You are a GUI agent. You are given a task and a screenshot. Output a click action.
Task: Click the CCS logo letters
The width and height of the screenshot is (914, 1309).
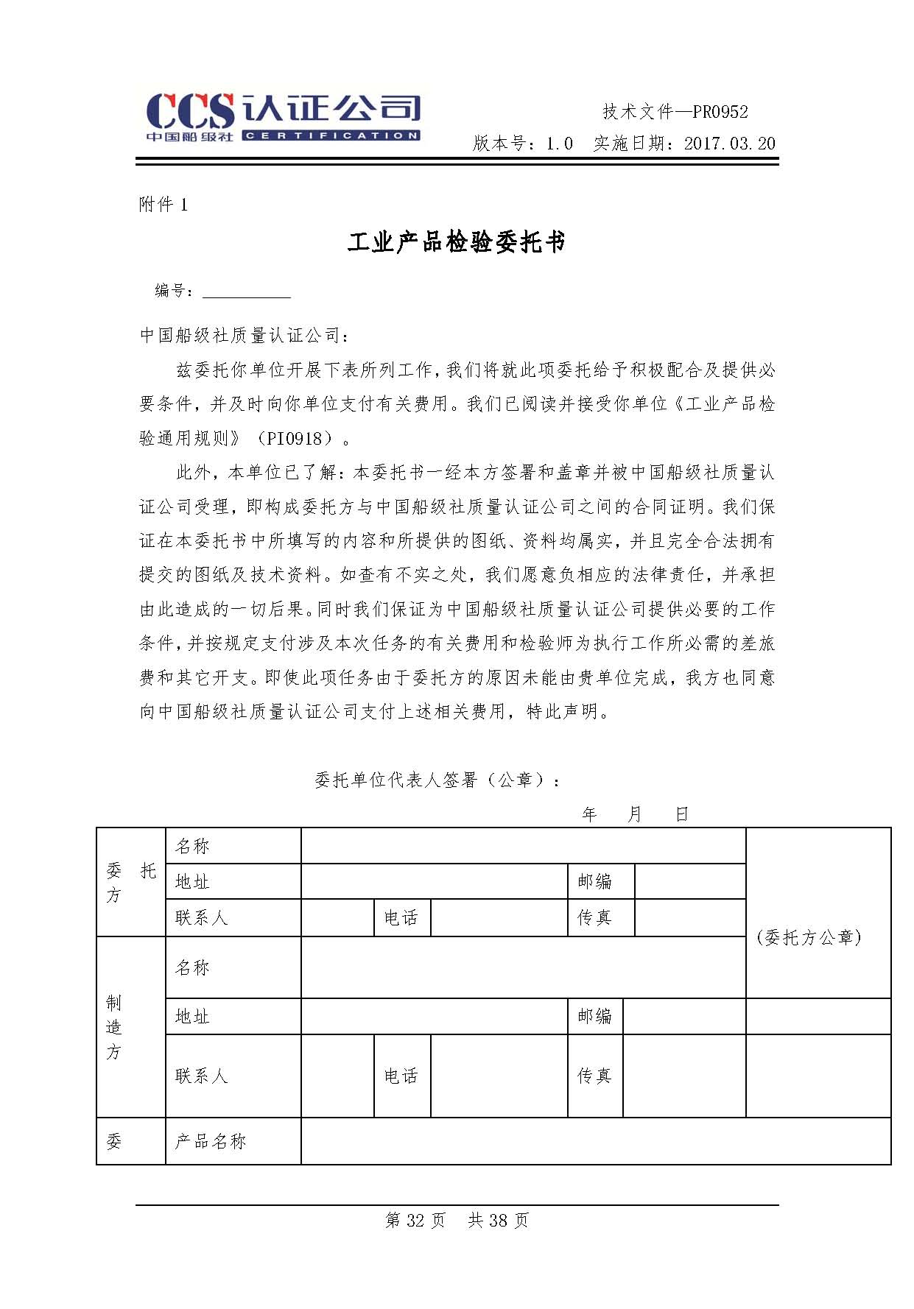190,111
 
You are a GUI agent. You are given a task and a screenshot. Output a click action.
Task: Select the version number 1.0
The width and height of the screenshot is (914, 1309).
559,144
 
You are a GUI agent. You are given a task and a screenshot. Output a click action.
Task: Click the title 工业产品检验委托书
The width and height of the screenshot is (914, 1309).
457,242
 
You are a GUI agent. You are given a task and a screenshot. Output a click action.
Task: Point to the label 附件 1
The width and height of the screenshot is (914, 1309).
164,205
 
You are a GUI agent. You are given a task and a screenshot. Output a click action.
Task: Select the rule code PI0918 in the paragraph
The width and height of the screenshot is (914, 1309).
295,439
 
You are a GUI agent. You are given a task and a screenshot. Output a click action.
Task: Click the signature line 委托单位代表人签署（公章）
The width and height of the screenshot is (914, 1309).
437,780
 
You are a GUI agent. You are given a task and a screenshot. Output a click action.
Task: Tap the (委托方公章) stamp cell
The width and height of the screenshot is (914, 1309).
809,937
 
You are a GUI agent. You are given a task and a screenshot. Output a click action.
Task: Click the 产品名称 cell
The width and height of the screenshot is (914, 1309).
210,1141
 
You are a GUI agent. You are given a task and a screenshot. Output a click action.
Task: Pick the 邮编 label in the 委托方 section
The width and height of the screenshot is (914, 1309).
595,881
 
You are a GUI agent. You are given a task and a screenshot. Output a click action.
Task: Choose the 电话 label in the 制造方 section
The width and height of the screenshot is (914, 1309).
401,1076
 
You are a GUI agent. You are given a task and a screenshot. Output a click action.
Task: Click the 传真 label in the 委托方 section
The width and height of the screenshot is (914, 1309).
595,917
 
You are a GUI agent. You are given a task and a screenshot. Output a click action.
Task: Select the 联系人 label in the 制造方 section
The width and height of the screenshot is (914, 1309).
202,1076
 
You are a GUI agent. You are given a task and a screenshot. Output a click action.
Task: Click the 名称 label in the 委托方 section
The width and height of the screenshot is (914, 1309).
192,846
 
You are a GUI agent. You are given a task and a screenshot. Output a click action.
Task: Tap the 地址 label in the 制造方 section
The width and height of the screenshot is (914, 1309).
192,1017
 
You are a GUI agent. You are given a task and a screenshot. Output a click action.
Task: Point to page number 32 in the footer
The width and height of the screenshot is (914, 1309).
415,1221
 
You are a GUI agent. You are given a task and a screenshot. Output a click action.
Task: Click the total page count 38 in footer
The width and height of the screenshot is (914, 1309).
498,1221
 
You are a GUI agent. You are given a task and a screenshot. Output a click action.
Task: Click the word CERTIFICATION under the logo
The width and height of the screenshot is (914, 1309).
331,135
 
